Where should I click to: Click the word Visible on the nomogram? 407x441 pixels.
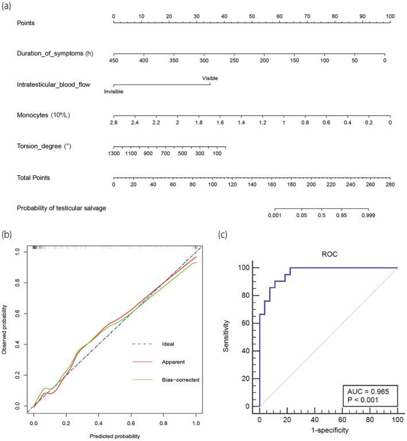210,78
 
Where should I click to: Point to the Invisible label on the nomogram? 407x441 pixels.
113,91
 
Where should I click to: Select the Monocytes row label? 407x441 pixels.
44,115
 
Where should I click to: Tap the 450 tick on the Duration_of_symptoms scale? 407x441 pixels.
114,60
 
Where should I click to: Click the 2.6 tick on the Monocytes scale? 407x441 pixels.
114,123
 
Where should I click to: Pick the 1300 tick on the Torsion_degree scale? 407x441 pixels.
114,154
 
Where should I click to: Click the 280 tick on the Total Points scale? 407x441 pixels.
390,185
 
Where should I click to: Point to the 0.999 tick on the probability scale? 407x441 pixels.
368,216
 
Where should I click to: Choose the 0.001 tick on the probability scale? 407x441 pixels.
276,216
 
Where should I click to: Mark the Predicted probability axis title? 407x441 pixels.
115,435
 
